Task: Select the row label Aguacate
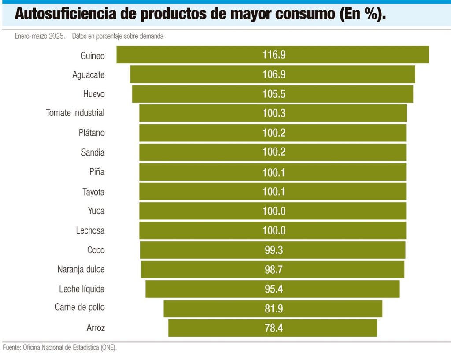tap(88, 75)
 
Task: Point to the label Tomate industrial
tap(75, 113)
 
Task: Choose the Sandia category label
tap(92, 152)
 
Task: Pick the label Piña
tap(97, 172)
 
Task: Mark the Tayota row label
tap(93, 192)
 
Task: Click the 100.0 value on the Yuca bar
tap(274, 211)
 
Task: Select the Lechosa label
tap(90, 230)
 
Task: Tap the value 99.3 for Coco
tap(274, 250)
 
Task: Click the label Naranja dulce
tap(81, 269)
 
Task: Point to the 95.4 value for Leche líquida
tap(274, 289)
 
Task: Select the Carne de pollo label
tap(80, 307)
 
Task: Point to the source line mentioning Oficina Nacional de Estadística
tap(59, 347)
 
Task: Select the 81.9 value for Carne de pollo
tap(274, 308)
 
